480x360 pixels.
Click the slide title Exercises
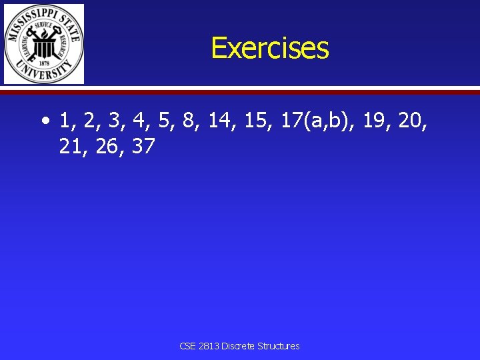[x=269, y=48]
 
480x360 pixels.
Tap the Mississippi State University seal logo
[x=44, y=44]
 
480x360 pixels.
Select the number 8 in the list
[x=189, y=121]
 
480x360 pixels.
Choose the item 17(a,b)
[x=319, y=121]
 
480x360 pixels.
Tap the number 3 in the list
[x=114, y=121]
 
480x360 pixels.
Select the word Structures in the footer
[x=279, y=346]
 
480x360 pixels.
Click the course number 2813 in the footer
[x=209, y=346]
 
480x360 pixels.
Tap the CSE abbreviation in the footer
[x=187, y=346]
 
